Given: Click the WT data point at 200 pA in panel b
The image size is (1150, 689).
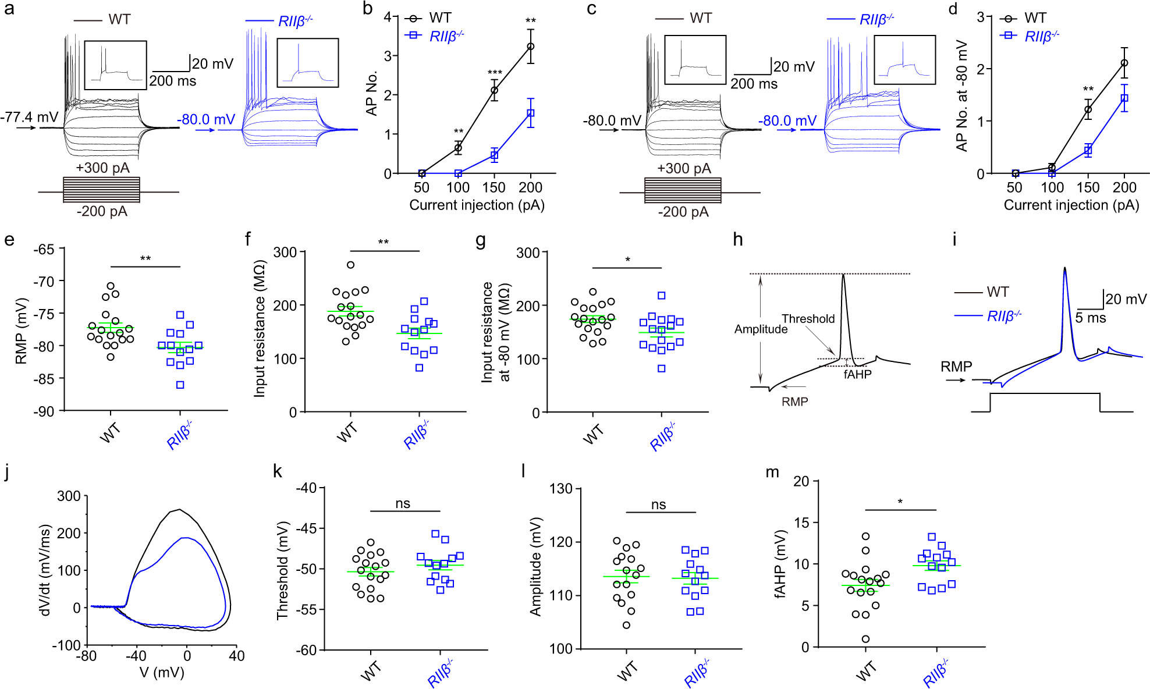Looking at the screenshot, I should (x=530, y=47).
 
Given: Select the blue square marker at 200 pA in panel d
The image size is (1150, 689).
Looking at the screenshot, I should (x=1124, y=98).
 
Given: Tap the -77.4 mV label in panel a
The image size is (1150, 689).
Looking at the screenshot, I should (x=29, y=117).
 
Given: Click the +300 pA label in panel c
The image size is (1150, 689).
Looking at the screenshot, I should (x=684, y=169).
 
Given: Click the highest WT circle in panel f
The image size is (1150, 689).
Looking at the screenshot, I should (x=350, y=265).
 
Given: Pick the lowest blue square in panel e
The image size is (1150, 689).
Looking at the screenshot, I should (x=180, y=385).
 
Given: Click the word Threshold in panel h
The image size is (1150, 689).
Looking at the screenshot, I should (x=808, y=319).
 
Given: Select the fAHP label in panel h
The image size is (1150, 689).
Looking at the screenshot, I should (x=857, y=375).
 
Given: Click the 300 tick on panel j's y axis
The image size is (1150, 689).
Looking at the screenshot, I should (x=69, y=496).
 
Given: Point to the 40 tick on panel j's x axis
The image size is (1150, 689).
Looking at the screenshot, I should (x=236, y=656).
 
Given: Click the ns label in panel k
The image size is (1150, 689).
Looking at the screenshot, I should (x=403, y=504).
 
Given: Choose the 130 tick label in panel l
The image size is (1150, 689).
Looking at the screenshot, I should (x=561, y=489).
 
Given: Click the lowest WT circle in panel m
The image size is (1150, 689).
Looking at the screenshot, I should (x=866, y=639).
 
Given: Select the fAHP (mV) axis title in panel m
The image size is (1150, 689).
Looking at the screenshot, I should (x=780, y=564).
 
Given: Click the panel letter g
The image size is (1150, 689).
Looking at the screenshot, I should (x=481, y=240).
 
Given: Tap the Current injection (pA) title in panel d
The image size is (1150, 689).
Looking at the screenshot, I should (x=1071, y=205).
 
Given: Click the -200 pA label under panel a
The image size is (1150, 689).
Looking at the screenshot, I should (x=102, y=211).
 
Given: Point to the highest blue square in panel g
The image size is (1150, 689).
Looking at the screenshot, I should (x=662, y=296).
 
